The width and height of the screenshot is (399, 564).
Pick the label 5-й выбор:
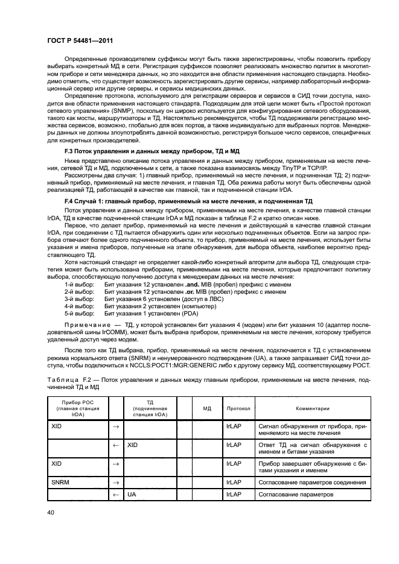79,313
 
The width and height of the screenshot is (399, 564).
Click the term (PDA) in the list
190,313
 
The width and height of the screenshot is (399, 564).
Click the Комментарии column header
311,408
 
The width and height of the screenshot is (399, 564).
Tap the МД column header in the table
206,408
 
